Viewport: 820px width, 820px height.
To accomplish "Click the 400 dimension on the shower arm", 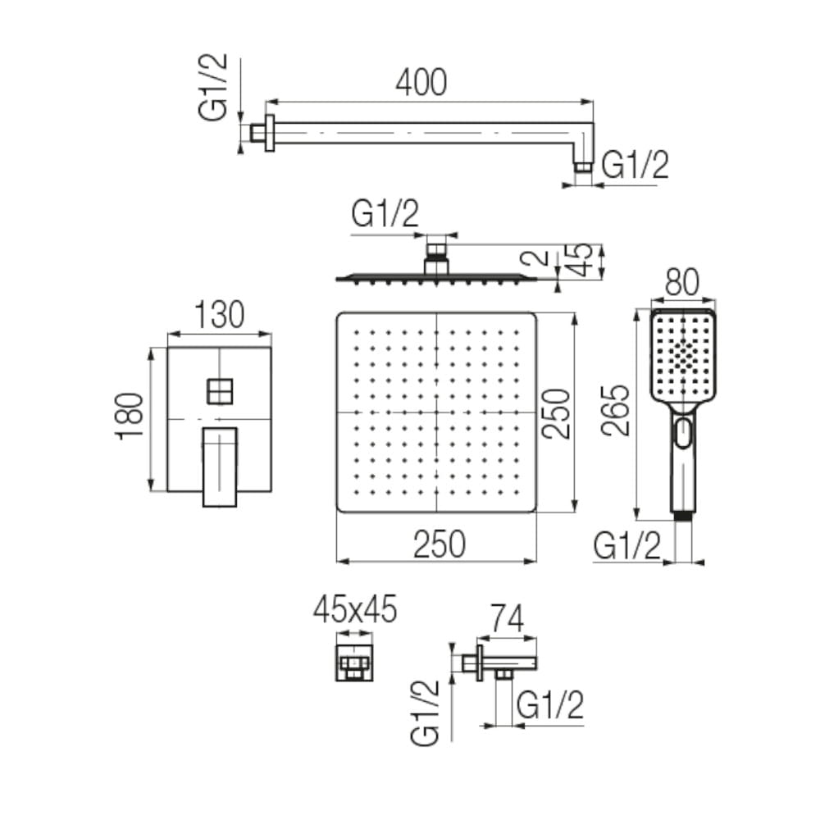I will click(421, 82).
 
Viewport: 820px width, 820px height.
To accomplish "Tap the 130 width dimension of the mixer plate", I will click(219, 315).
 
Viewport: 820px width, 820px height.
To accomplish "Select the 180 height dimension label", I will click(131, 416).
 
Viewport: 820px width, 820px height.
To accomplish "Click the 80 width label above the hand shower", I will click(681, 284).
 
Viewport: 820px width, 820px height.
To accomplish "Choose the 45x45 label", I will click(355, 609).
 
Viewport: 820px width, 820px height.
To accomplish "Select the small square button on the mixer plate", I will click(220, 390).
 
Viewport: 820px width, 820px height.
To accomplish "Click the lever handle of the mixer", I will click(220, 466).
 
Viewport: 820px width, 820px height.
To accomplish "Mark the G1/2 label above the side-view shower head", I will click(385, 215).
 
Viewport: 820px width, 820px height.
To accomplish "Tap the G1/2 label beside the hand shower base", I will click(627, 545).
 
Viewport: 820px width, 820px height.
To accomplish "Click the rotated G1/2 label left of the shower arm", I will click(215, 89).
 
